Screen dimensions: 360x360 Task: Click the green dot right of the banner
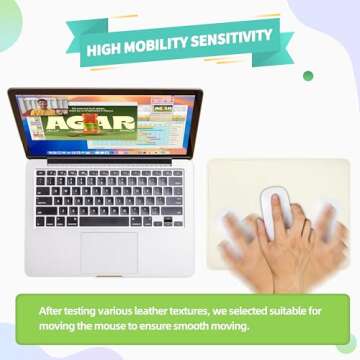tap(309, 75)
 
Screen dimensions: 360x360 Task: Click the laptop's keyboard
tap(109, 194)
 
